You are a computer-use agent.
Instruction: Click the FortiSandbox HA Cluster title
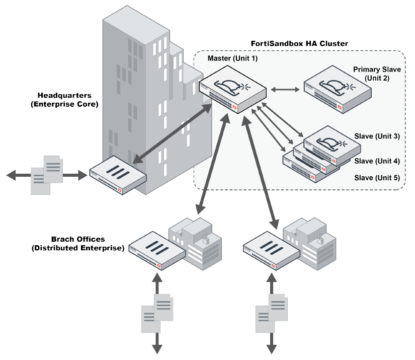(299, 44)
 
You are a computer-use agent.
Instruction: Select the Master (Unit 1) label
(232, 59)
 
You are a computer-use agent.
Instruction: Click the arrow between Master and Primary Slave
(286, 90)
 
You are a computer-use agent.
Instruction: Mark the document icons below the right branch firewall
(272, 312)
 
